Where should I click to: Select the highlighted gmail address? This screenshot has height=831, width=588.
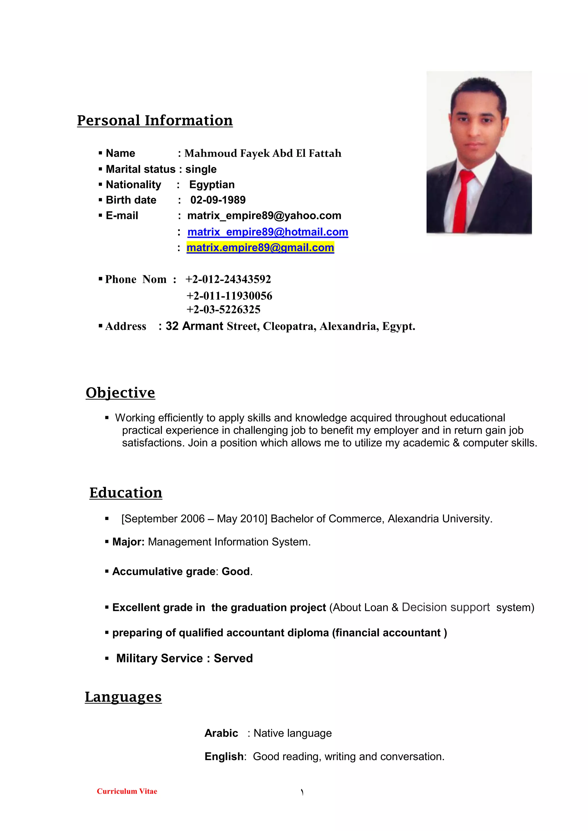click(x=260, y=248)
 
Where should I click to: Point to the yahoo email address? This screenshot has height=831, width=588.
click(x=264, y=216)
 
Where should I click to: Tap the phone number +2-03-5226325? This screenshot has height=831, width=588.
click(x=223, y=309)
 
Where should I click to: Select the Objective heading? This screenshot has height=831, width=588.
click(x=120, y=393)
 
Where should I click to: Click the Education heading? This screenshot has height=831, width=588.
click(x=126, y=493)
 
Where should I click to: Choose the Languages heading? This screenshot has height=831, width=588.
click(x=123, y=697)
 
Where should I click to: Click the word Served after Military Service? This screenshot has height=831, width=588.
click(x=233, y=658)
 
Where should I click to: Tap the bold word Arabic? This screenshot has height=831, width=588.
click(x=221, y=733)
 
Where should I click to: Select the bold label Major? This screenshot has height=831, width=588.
click(x=128, y=542)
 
